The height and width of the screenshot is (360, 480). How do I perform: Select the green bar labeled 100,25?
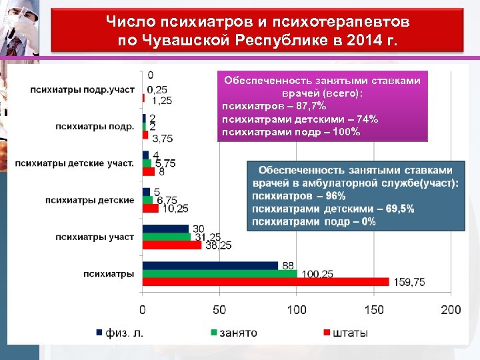[x=220, y=274]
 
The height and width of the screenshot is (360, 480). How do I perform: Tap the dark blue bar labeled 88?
[x=210, y=265]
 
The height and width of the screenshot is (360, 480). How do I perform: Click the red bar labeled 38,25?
[x=171, y=245]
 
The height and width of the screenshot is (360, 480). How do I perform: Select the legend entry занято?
[x=233, y=332]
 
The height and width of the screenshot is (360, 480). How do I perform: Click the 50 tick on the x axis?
[x=219, y=310]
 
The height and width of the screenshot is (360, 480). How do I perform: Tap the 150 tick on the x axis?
[x=374, y=310]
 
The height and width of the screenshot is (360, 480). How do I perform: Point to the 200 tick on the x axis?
[x=451, y=310]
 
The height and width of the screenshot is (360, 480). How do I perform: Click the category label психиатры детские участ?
[x=74, y=162]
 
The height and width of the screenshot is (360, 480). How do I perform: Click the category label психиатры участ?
[x=94, y=237]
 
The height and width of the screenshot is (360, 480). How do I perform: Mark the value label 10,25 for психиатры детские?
[x=175, y=208]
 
